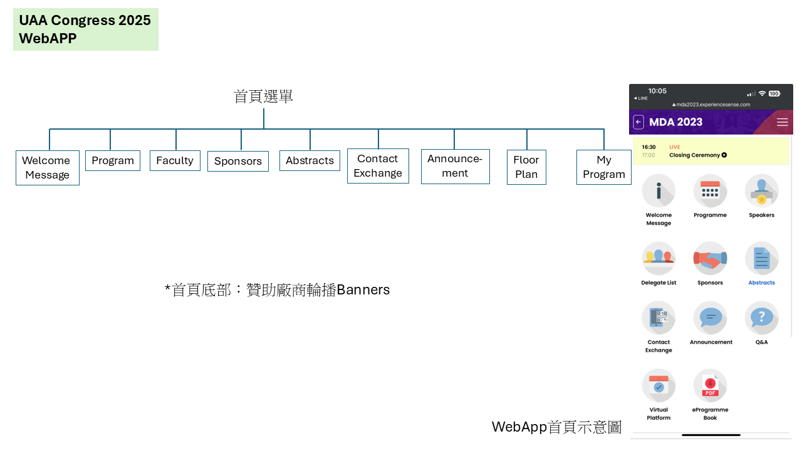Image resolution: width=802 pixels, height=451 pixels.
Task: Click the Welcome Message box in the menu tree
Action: (48, 167)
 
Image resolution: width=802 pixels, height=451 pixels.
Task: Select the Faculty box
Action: (175, 160)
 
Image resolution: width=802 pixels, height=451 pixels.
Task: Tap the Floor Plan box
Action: (526, 167)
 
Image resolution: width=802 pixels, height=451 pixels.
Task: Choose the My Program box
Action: (603, 167)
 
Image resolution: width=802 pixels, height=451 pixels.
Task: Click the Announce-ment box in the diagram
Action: (455, 167)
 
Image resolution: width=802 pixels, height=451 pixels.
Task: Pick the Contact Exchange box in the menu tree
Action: (378, 166)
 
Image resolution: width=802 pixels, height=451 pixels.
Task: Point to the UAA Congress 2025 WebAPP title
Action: (86, 29)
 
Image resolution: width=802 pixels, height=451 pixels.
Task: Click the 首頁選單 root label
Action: (263, 96)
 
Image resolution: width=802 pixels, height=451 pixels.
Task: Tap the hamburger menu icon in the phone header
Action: (783, 122)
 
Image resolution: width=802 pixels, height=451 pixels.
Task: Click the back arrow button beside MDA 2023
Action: (638, 122)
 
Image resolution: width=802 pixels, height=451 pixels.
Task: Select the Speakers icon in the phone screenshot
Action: (761, 191)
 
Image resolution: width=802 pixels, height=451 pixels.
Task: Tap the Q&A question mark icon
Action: (761, 318)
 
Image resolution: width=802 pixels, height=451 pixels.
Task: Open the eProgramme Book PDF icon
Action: (710, 385)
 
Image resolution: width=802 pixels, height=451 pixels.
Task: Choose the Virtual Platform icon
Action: (659, 385)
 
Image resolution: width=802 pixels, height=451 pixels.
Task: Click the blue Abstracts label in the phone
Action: (761, 283)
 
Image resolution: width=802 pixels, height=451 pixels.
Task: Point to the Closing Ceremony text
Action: (695, 155)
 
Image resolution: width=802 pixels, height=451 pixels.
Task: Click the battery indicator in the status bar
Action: (774, 94)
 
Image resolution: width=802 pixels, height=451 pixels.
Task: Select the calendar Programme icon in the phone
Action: (710, 191)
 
